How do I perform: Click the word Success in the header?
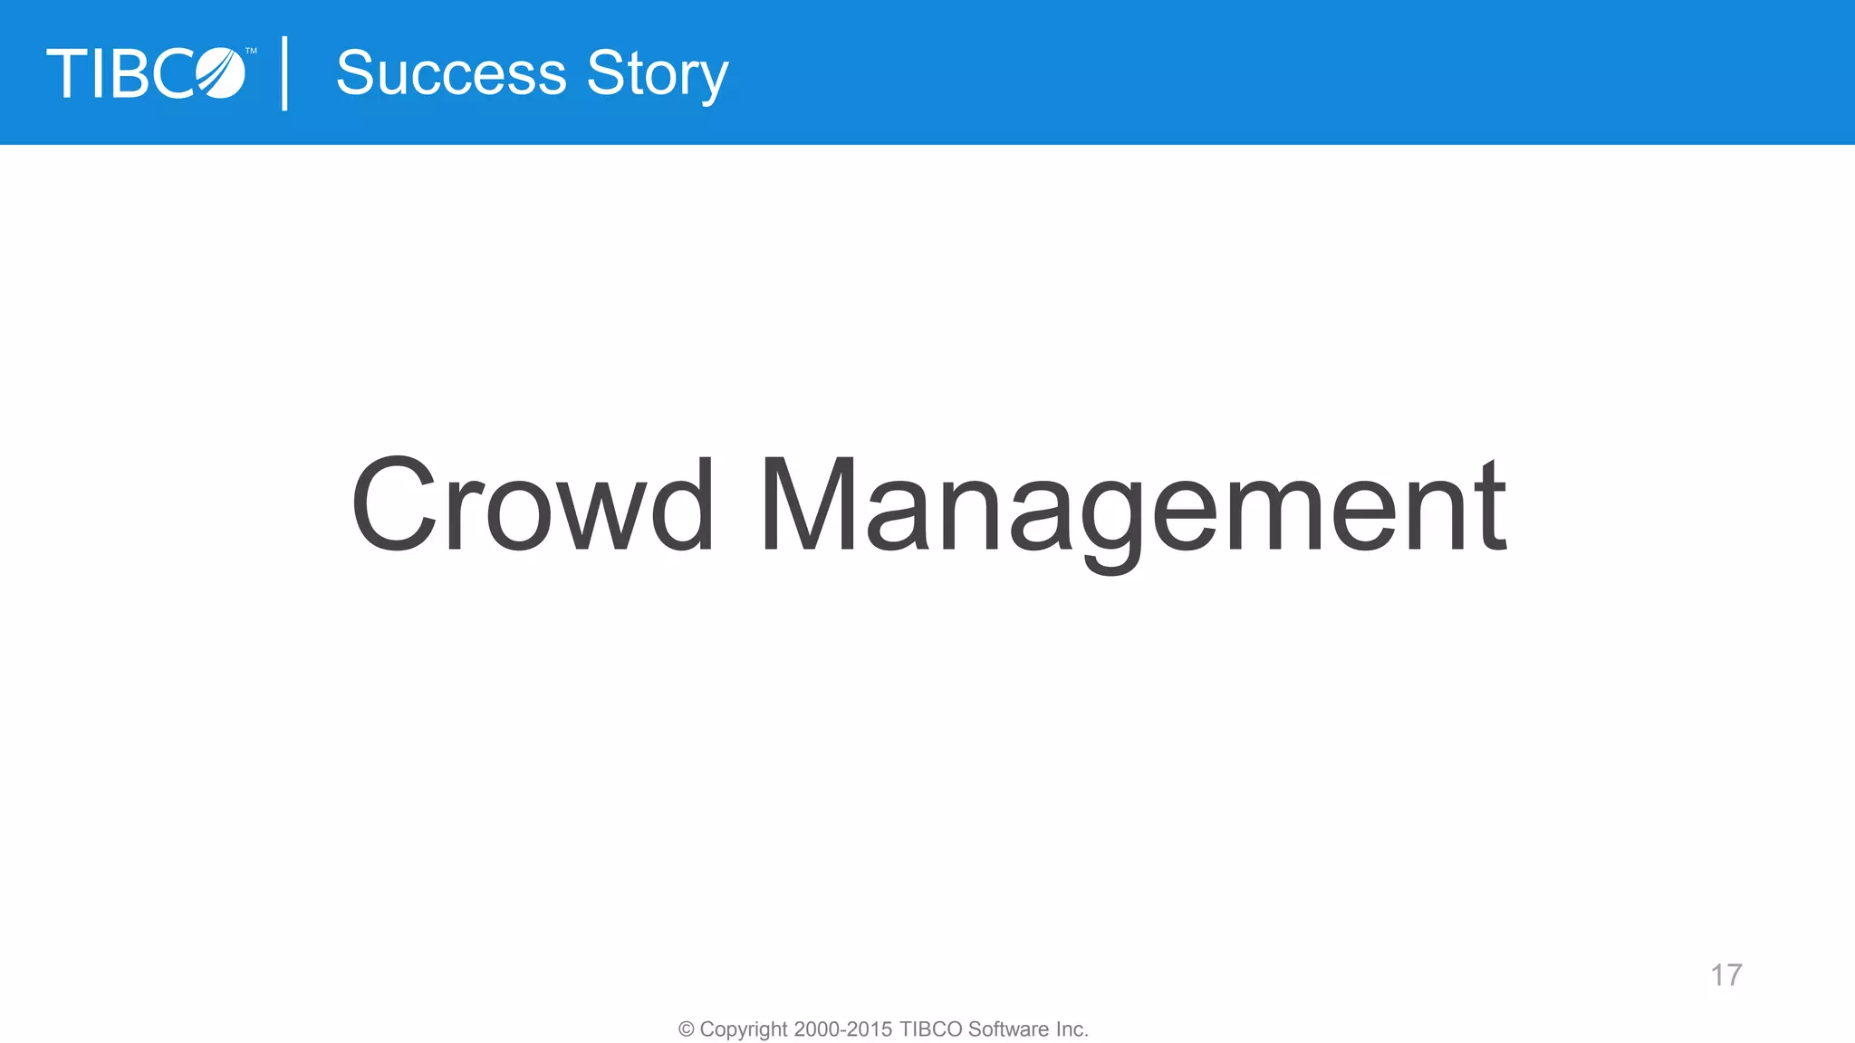(451, 73)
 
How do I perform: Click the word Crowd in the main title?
(533, 504)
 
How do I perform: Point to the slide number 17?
(1725, 975)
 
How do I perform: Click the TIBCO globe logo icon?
(220, 73)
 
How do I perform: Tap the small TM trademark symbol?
(251, 52)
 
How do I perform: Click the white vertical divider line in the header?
(285, 73)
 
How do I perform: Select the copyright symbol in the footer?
(687, 1029)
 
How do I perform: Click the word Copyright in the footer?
(744, 1029)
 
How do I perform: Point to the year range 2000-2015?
(843, 1029)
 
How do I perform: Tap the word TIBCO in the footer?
(930, 1029)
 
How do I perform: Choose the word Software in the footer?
(1008, 1029)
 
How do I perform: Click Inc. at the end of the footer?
(1072, 1029)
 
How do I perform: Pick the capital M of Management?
(808, 504)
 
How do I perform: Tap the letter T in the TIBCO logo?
(66, 73)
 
